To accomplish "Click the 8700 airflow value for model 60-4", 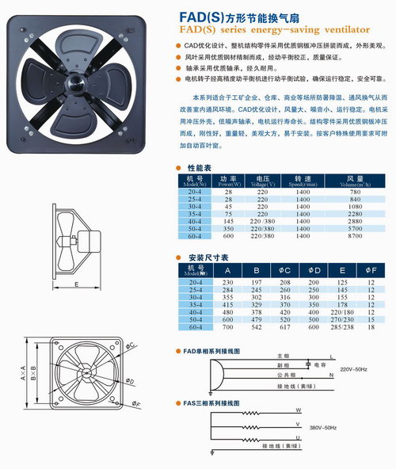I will pos(354,237).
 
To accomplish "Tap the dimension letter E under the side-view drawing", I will pos(74,283).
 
